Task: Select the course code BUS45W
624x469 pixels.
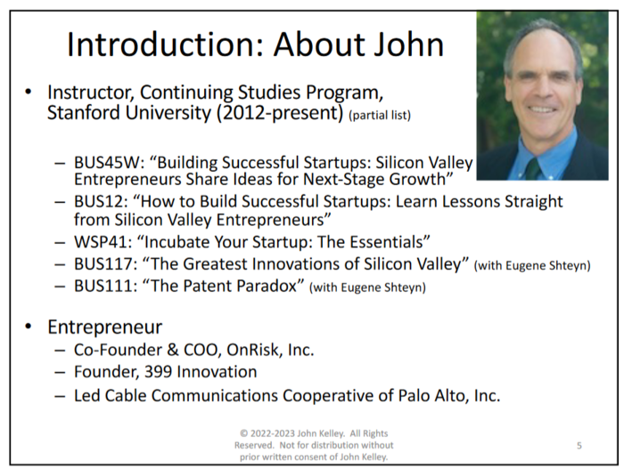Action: (107, 162)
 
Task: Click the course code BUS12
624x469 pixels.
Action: (100, 201)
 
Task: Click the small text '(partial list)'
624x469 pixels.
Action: (380, 116)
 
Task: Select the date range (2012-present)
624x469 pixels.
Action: (280, 112)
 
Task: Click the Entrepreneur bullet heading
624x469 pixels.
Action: (104, 327)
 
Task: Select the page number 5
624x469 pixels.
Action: (579, 446)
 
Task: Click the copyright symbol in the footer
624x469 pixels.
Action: (243, 433)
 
